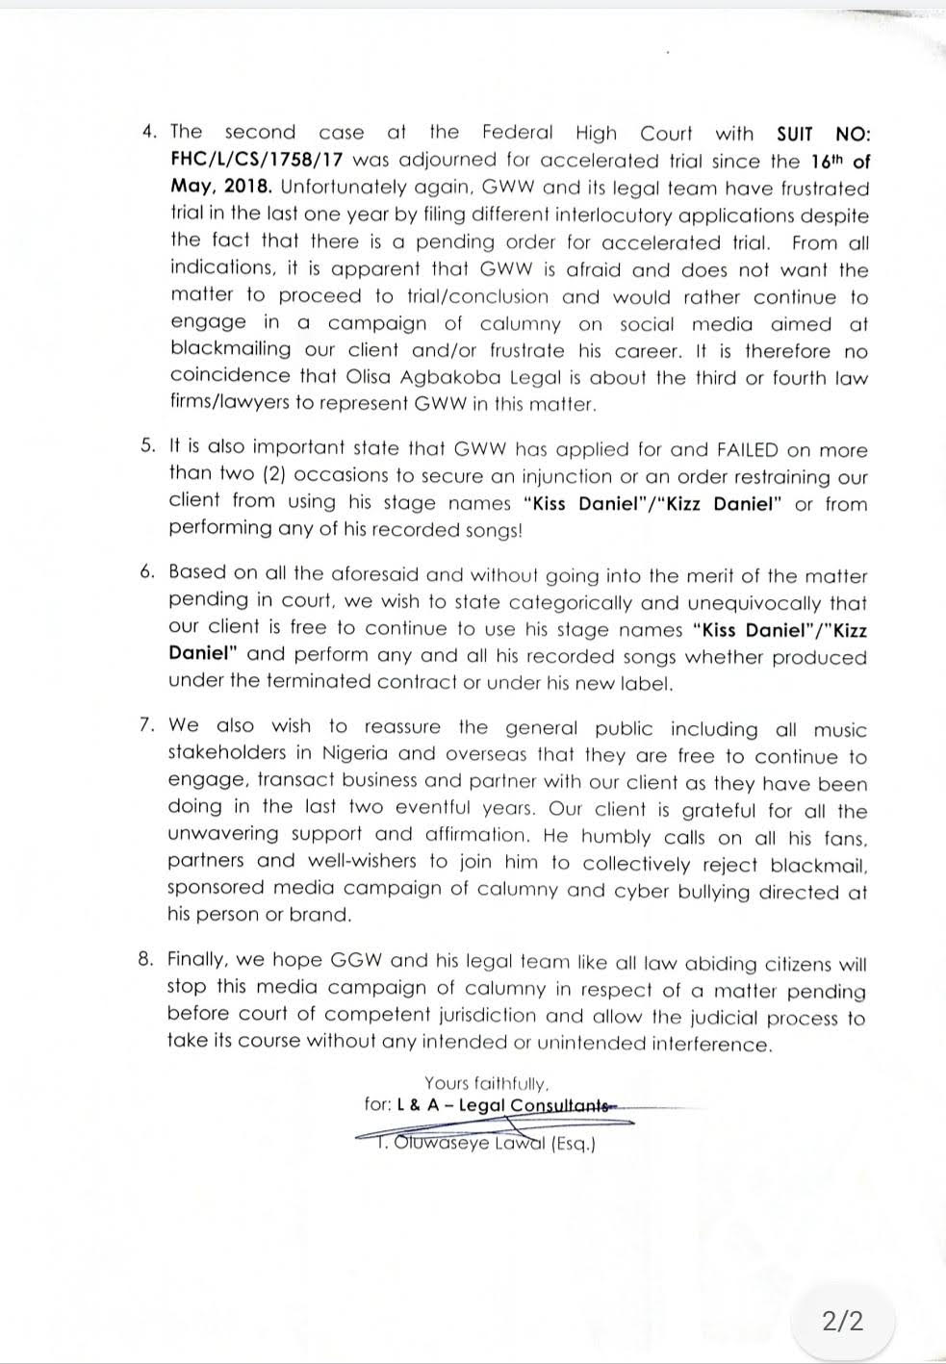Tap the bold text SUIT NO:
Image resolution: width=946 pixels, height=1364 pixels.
coord(822,134)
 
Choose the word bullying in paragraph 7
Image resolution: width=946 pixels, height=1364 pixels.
coord(694,891)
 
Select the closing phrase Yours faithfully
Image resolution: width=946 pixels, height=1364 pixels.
coord(487,1083)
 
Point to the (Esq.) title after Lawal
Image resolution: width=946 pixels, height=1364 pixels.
coord(574,1145)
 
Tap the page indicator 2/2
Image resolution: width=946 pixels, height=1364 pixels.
coord(842,1320)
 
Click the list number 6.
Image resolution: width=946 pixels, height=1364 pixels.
coord(146,572)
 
